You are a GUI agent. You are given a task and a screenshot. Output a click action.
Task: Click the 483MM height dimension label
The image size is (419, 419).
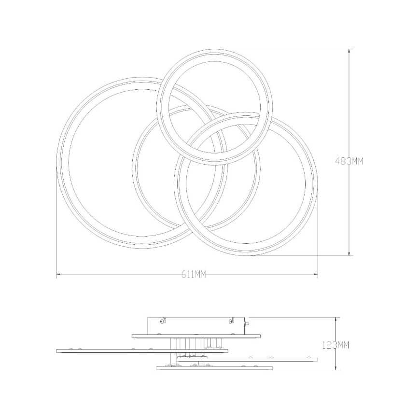pyautogui.click(x=349, y=162)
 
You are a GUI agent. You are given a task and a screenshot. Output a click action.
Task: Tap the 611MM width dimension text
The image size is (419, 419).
pyautogui.click(x=194, y=275)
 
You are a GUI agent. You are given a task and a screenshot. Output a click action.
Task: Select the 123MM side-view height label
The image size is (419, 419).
pyautogui.click(x=335, y=345)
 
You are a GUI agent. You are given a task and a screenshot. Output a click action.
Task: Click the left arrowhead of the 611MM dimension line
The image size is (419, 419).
pyautogui.click(x=58, y=275)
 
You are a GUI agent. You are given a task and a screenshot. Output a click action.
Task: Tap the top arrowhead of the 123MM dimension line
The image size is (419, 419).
pyautogui.click(x=336, y=319)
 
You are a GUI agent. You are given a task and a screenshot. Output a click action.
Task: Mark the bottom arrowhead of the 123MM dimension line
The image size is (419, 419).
pyautogui.click(x=336, y=368)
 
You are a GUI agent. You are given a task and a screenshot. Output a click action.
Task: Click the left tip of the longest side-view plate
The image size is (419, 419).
pyautogui.click(x=57, y=350)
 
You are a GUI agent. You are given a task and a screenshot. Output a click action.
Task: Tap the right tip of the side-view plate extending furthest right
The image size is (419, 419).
pyautogui.click(x=317, y=359)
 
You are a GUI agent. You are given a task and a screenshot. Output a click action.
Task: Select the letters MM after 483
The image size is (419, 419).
pyautogui.click(x=356, y=162)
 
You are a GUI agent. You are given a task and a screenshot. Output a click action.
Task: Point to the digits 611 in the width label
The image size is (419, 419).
pyautogui.click(x=187, y=275)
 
